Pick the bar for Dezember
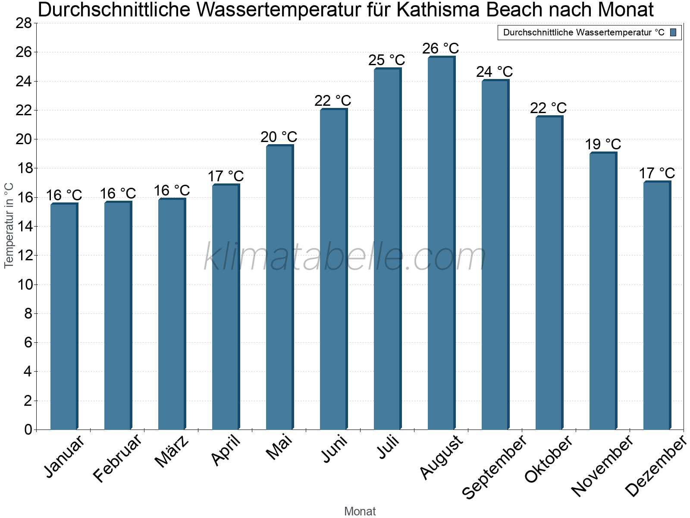[657, 306]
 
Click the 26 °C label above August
[441, 48]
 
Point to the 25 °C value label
[387, 60]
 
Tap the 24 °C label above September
[495, 72]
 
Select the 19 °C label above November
[603, 144]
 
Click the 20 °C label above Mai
[279, 137]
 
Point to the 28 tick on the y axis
[24, 23]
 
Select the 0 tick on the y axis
[28, 430]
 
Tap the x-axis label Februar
[117, 458]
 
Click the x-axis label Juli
[388, 447]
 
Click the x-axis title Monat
[360, 512]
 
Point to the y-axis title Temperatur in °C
[9, 225]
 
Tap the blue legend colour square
[673, 32]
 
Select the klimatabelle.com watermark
[345, 258]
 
